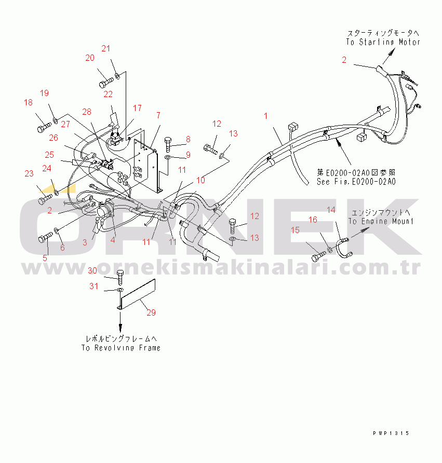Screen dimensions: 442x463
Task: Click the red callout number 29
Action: click(x=151, y=312)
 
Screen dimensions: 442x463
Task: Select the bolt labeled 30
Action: click(x=120, y=277)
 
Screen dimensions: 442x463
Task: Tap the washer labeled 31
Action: click(x=120, y=290)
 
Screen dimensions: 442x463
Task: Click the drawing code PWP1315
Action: click(x=391, y=433)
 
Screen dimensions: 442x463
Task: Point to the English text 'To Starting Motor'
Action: click(x=383, y=42)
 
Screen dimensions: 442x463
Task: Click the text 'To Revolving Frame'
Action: click(x=121, y=348)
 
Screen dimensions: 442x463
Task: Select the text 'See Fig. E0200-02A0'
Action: click(x=356, y=182)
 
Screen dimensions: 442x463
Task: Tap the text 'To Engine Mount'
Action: click(x=381, y=221)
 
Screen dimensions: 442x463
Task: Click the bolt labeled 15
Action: click(x=319, y=256)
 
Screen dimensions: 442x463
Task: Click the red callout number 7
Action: click(x=158, y=115)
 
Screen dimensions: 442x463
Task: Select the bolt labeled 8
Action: click(x=168, y=144)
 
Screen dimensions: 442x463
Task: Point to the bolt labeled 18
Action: click(x=45, y=128)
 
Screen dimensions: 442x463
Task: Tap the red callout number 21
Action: click(x=106, y=48)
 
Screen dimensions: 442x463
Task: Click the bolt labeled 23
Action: click(x=45, y=199)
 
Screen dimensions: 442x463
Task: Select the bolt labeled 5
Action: click(x=46, y=237)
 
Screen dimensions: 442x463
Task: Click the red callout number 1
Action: click(x=265, y=116)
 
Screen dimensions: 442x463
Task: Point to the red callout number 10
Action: click(x=200, y=180)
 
